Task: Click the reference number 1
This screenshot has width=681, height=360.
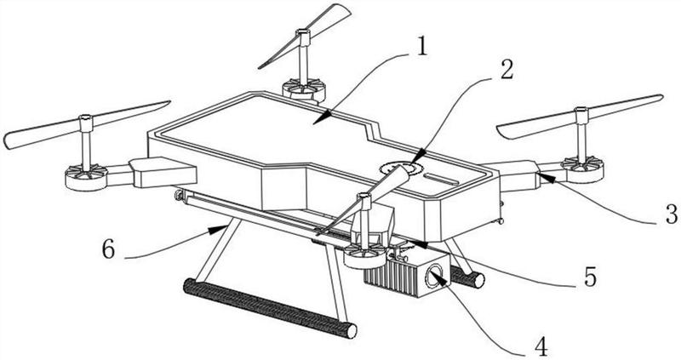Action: point(421,47)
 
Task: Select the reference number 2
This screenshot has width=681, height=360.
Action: point(506,70)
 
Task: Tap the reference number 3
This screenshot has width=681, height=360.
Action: point(672,214)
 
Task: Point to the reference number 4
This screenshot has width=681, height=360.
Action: point(541,346)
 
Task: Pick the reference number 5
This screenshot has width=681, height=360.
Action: point(590,277)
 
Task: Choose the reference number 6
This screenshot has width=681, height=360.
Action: point(109,249)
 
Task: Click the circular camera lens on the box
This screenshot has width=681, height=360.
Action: point(434,276)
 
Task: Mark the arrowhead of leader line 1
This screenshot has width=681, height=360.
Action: point(321,119)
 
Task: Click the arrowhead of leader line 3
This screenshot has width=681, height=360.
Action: point(545,177)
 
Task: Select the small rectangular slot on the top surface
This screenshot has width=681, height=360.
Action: point(441,179)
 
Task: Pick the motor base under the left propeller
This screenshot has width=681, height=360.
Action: point(86,177)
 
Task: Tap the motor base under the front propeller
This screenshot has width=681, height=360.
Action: point(365,256)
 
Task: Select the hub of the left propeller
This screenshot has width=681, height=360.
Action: point(86,123)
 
